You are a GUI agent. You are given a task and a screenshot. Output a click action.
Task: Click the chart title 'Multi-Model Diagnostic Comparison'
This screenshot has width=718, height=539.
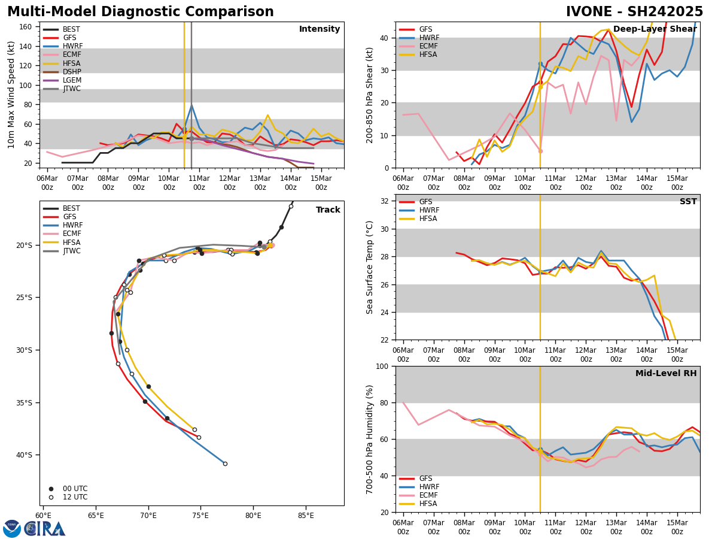pos(141,12)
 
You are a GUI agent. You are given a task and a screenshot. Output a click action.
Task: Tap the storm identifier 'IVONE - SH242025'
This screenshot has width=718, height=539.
pos(634,12)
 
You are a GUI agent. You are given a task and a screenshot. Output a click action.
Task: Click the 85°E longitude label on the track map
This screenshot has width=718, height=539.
pos(306,515)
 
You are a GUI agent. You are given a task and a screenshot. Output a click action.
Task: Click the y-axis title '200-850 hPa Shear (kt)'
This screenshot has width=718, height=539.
pos(370,95)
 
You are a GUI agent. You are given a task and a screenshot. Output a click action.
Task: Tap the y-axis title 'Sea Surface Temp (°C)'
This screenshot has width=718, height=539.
pos(370,267)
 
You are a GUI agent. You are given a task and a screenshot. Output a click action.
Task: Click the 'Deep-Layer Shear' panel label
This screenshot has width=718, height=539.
pos(655,29)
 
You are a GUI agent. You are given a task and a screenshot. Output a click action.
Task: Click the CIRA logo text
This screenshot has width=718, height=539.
pos(45,529)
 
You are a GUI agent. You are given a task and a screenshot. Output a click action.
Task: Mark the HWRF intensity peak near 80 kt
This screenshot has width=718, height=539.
pos(191,105)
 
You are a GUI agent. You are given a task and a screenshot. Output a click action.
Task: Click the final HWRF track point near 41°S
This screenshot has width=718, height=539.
pos(225,464)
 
